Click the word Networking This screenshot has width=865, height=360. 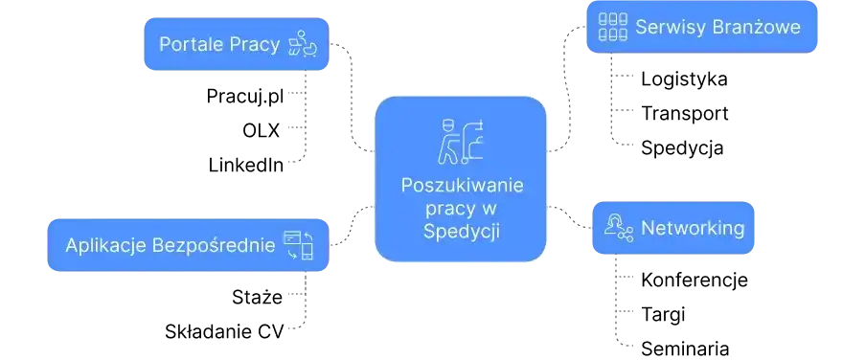pyautogui.click(x=692, y=228)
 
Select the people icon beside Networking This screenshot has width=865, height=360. pyautogui.click(x=619, y=228)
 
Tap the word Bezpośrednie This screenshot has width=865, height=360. pyautogui.click(x=212, y=245)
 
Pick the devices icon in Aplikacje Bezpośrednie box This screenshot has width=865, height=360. pyautogui.click(x=298, y=245)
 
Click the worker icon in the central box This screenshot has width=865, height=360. pyautogui.click(x=460, y=140)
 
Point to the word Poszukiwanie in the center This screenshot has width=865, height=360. pyautogui.click(x=462, y=185)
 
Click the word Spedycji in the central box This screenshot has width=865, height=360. pyautogui.click(x=462, y=231)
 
